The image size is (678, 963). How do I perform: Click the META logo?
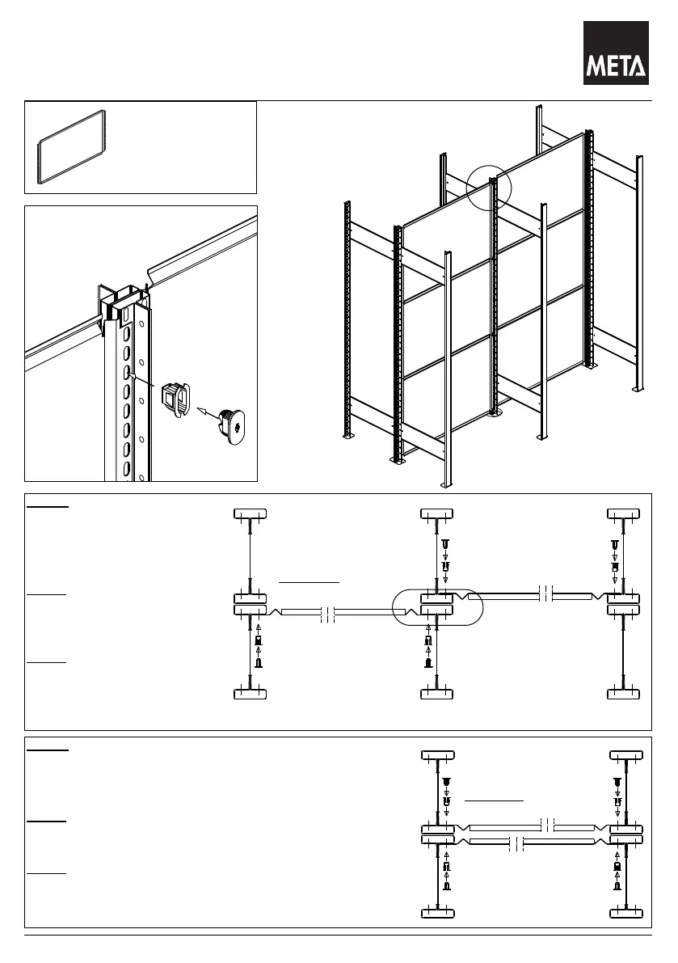(x=616, y=53)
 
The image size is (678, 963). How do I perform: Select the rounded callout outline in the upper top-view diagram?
(x=436, y=607)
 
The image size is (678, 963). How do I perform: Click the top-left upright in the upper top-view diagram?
(x=251, y=514)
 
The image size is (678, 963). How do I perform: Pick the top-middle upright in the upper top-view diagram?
(x=437, y=514)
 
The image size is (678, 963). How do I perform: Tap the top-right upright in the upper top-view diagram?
(x=624, y=514)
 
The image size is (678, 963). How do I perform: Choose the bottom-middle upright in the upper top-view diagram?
(x=437, y=694)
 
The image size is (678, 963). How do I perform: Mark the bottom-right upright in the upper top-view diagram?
(x=624, y=694)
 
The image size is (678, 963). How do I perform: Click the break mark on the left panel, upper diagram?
(x=327, y=615)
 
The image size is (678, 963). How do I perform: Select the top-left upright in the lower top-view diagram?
(x=437, y=756)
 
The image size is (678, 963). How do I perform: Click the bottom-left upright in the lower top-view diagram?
(x=437, y=914)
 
